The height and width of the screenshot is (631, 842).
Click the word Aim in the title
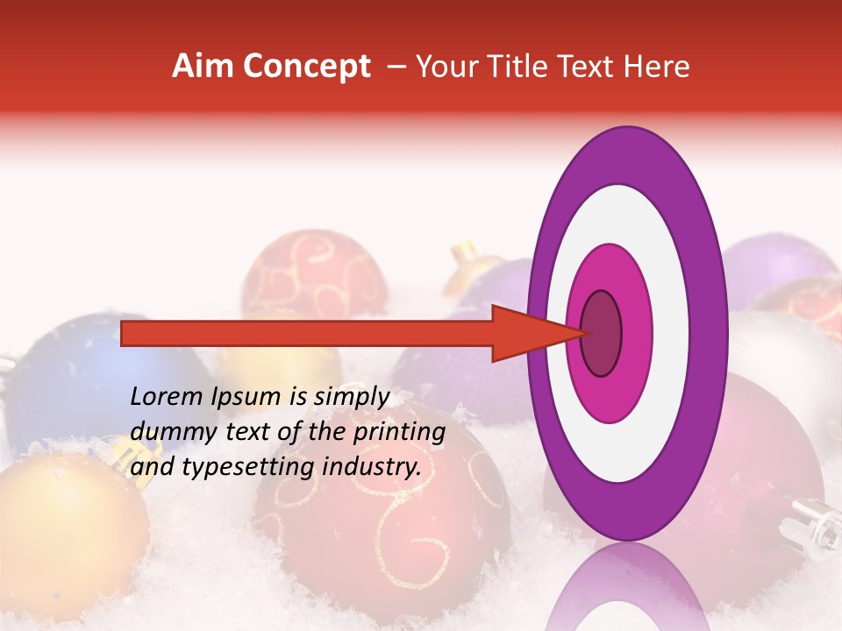[203, 67]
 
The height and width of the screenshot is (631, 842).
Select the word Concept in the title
[306, 67]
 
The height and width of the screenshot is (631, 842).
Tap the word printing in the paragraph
[399, 433]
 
